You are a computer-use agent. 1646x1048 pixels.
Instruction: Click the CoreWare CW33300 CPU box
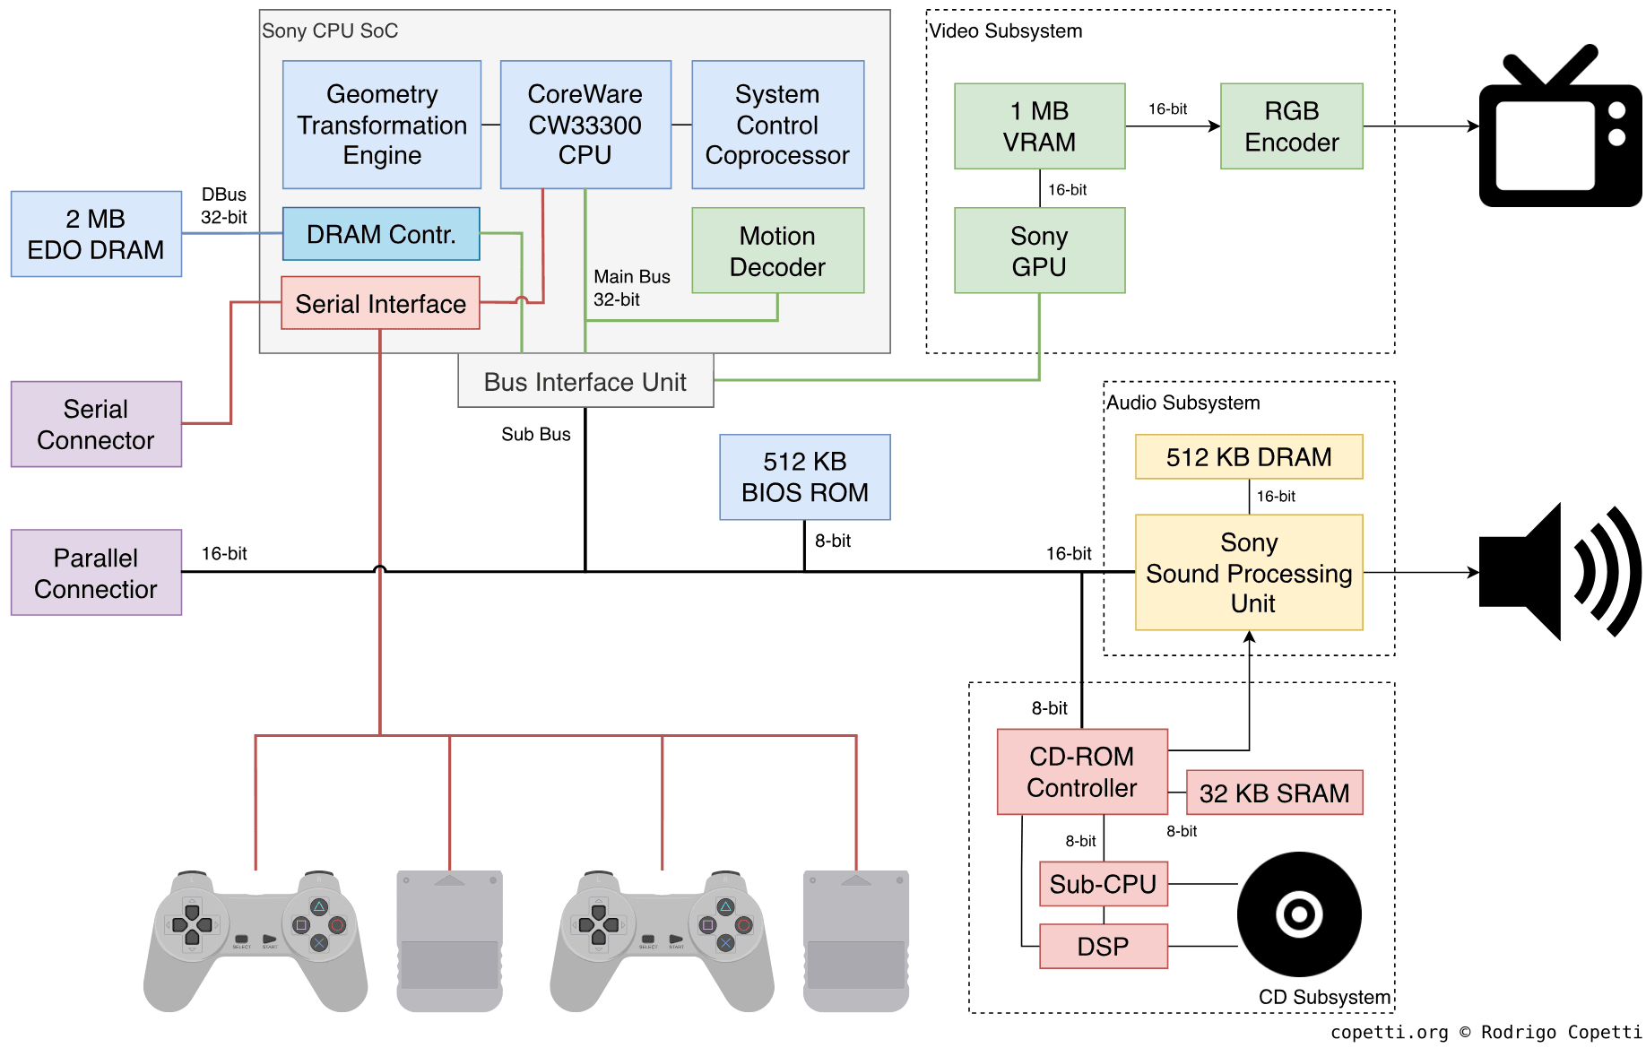tap(585, 125)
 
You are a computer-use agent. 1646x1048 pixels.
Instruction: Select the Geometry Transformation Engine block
tap(381, 125)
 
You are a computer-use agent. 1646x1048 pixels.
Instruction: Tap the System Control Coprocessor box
tap(777, 125)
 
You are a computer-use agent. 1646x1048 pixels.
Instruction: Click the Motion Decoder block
tap(777, 251)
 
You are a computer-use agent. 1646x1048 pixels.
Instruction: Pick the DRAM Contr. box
tap(381, 234)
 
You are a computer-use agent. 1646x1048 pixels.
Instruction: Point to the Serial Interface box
tap(380, 303)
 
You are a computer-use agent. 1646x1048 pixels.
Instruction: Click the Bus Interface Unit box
tap(585, 381)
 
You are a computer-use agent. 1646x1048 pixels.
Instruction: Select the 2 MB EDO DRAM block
tap(96, 234)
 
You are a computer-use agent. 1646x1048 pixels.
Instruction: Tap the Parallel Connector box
tap(96, 573)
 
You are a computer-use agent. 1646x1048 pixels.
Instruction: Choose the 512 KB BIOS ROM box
tap(804, 477)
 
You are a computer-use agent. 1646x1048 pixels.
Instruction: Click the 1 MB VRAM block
tap(1039, 126)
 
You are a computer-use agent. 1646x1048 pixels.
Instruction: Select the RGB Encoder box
tap(1291, 126)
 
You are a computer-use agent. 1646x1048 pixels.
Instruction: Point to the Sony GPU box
tap(1039, 251)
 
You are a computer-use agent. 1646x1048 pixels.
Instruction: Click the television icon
tap(1559, 130)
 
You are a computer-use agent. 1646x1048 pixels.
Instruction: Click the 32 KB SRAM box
tap(1274, 792)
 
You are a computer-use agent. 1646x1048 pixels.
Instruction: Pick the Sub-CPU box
tap(1103, 884)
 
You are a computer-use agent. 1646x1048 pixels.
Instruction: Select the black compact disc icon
tap(1299, 914)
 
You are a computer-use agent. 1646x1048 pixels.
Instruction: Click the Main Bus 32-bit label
tap(631, 288)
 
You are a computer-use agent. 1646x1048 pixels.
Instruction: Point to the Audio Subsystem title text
tap(1183, 403)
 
